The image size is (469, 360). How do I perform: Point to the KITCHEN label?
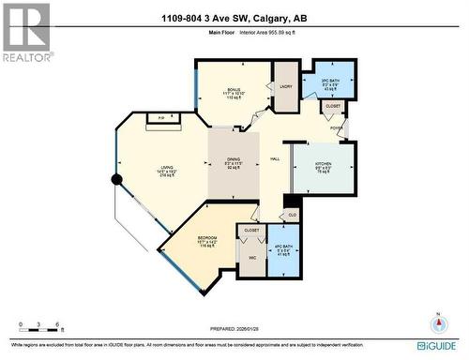point(325,164)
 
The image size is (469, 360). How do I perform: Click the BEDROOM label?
point(208,239)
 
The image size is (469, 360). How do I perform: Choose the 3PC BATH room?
point(334,82)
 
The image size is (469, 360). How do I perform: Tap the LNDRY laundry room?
point(286,87)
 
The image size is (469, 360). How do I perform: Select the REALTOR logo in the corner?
point(26,32)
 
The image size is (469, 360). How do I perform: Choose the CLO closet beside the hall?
point(292,215)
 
